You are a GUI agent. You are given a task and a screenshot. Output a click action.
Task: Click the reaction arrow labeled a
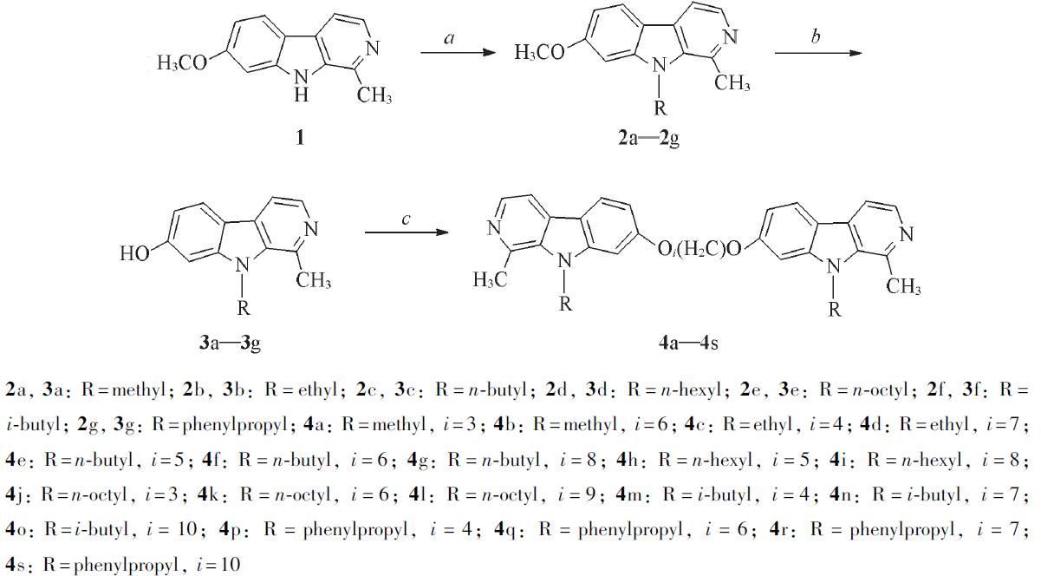click(459, 53)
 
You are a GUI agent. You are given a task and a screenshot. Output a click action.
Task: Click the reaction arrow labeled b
click(818, 53)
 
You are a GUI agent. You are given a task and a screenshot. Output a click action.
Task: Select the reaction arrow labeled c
click(407, 232)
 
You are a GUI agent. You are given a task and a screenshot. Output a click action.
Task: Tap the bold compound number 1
click(300, 138)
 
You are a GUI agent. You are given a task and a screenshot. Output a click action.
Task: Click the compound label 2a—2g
click(648, 138)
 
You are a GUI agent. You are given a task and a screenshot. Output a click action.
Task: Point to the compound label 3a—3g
click(230, 343)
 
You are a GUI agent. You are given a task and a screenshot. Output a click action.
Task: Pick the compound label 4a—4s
click(688, 343)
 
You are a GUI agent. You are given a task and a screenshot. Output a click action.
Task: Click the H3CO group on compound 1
click(182, 62)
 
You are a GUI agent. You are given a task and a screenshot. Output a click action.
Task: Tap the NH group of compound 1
click(301, 86)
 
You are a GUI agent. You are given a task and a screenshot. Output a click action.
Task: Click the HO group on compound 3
click(134, 253)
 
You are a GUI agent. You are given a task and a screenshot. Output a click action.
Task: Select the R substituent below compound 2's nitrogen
click(660, 108)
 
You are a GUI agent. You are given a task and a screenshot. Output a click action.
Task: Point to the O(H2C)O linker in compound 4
click(699, 249)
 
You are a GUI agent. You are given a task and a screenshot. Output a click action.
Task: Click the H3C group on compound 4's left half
click(491, 279)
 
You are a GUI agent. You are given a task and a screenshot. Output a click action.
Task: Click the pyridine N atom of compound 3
click(311, 228)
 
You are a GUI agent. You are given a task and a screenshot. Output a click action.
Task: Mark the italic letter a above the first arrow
click(449, 38)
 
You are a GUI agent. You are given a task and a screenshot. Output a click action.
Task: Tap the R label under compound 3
click(244, 308)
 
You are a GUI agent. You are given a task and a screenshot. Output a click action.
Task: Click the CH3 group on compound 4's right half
click(903, 285)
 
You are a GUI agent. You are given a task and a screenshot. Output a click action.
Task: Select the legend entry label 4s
click(16, 565)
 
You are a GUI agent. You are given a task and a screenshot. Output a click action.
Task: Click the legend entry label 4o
click(16, 529)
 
